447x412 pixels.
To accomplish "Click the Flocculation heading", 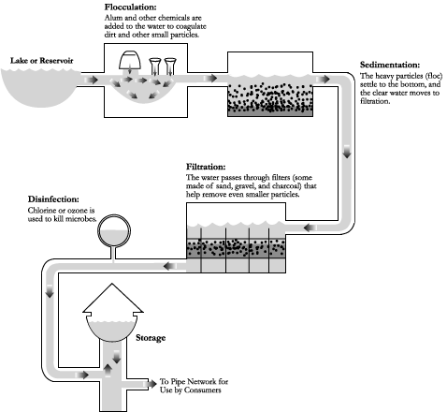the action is click(130, 7).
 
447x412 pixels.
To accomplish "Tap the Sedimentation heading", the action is click(390, 65).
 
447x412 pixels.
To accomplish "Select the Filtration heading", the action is click(206, 167).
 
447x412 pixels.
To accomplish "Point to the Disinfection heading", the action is click(53, 199).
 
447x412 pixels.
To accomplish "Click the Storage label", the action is click(151, 338).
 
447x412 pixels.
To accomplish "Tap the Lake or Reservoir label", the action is click(41, 61).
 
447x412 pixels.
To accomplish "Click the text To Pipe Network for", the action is click(194, 381).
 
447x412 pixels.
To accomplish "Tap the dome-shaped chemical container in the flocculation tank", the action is click(130, 61).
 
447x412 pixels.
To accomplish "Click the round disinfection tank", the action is click(114, 231).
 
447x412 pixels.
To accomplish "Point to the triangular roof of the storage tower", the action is click(113, 298).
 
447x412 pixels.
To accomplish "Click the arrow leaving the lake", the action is click(92, 80).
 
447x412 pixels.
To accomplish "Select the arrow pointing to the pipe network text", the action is click(151, 384).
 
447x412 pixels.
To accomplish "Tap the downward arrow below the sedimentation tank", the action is click(347, 152).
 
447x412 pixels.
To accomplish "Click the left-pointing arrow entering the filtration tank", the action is click(310, 228).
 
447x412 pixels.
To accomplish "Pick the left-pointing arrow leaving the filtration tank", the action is click(170, 266).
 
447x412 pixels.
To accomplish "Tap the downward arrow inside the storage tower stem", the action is click(117, 357).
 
